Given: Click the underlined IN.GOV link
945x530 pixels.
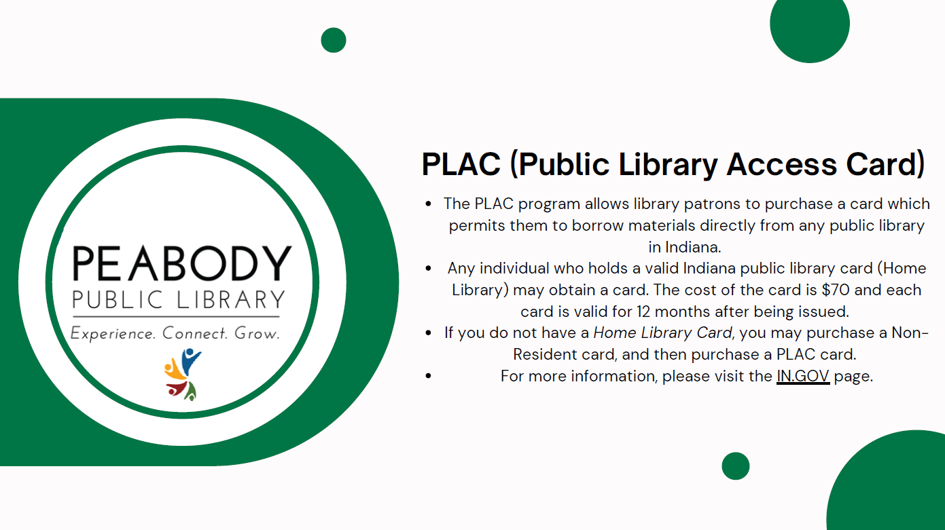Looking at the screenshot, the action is click(803, 376).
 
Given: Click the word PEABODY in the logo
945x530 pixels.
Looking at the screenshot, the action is click(182, 263).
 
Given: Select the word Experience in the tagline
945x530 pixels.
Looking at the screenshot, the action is click(113, 333).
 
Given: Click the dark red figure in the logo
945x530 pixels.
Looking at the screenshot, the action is click(177, 388).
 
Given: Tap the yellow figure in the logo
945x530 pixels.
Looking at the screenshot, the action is click(174, 369).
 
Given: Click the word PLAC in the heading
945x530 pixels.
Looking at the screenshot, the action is click(461, 164).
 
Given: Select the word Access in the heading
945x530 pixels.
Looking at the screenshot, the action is click(782, 164).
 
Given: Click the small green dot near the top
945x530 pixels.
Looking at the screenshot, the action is click(334, 40).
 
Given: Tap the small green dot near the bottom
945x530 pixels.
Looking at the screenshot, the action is click(735, 466).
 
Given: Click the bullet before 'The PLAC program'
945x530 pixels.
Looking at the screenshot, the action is click(428, 204).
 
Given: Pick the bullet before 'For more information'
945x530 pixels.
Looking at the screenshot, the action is click(428, 376).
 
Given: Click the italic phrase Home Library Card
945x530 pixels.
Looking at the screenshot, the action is click(662, 333).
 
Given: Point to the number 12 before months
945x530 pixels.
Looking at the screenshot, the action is click(643, 311).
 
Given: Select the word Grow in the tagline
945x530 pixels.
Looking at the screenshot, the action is click(257, 333).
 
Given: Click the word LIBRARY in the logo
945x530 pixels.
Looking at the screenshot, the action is click(231, 299).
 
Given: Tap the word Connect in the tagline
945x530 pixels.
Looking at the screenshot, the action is click(195, 333).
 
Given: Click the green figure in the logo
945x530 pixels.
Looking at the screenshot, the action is click(191, 392).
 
